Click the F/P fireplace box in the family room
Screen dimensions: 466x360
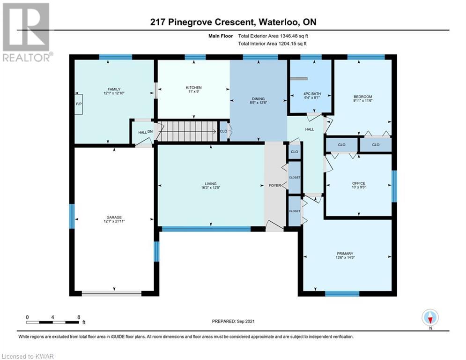pyautogui.click(x=79, y=104)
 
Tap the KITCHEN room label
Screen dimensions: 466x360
pyautogui.click(x=194, y=88)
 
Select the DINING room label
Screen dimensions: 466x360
pyautogui.click(x=258, y=99)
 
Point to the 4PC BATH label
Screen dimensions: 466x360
pyautogui.click(x=312, y=94)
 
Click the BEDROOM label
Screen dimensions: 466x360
pyautogui.click(x=363, y=97)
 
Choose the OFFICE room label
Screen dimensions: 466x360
pyautogui.click(x=359, y=183)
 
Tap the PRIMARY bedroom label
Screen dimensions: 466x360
pyautogui.click(x=345, y=254)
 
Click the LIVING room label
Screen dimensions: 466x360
pyautogui.click(x=210, y=184)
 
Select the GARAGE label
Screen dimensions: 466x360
pyautogui.click(x=114, y=217)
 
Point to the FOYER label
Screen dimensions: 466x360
pyautogui.click(x=275, y=185)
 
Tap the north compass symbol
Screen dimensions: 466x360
pyautogui.click(x=430, y=318)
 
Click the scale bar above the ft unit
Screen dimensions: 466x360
pyautogui.click(x=52, y=322)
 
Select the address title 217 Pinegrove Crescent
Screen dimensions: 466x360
pyautogui.click(x=202, y=22)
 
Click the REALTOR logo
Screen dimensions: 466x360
pyautogui.click(x=27, y=32)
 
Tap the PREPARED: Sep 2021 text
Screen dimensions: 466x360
pyautogui.click(x=233, y=321)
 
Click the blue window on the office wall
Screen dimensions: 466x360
pyautogui.click(x=394, y=186)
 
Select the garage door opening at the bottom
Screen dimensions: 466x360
pyautogui.click(x=111, y=293)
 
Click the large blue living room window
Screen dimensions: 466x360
pyautogui.click(x=206, y=229)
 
